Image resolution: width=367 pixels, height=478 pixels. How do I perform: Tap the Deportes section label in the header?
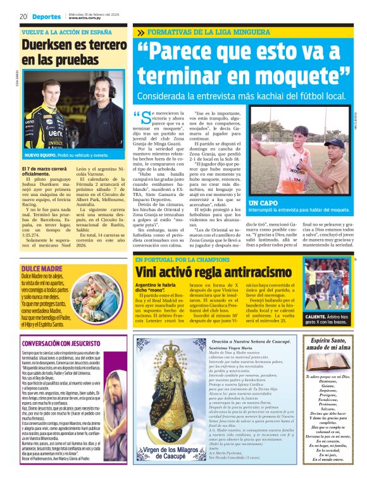tap(47, 16)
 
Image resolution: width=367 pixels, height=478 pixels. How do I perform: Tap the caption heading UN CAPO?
tap(264, 202)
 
